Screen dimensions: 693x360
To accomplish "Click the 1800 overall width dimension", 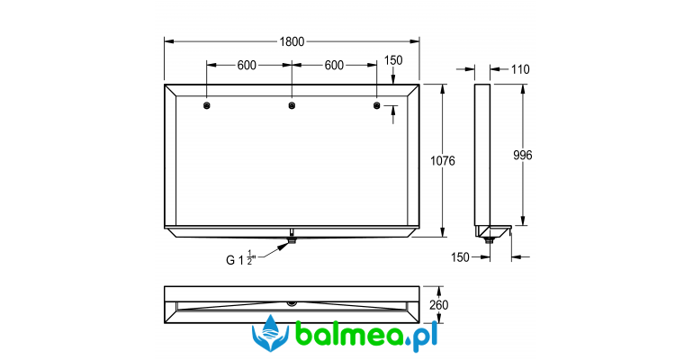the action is [292, 41].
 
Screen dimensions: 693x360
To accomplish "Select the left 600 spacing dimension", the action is [247, 66].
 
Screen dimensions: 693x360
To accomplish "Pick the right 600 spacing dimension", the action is [334, 66].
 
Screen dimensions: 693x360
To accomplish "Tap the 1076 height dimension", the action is [443, 161].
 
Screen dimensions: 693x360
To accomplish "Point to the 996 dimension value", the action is [522, 155].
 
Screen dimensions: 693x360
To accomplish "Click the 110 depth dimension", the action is [520, 69].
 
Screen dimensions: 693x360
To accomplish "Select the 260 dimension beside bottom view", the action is [438, 305].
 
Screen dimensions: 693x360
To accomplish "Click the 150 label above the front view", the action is [393, 60].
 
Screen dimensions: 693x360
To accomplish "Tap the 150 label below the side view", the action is [460, 257].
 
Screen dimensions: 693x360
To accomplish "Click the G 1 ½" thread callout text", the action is [241, 258].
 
